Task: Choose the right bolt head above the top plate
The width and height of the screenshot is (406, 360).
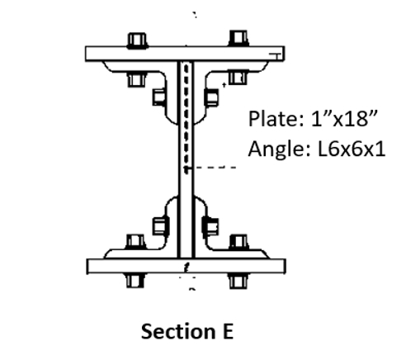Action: point(238,38)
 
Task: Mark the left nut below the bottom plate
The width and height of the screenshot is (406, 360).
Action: point(134,281)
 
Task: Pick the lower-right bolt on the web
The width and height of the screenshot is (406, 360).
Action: point(211,223)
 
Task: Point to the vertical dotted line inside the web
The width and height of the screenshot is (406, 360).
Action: point(191,116)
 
